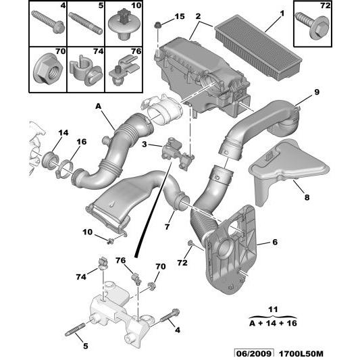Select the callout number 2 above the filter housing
[197, 15]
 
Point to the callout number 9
[315, 91]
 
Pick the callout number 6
[276, 240]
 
